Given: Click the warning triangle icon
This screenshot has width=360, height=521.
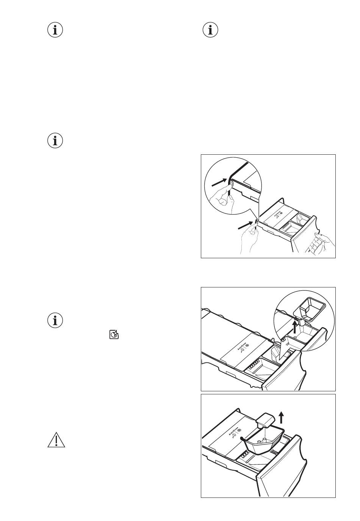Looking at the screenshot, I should (x=56, y=440).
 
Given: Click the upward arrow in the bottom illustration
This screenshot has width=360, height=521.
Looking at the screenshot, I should (x=280, y=417).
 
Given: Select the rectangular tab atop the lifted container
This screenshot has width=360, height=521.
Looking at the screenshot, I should (x=266, y=420).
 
